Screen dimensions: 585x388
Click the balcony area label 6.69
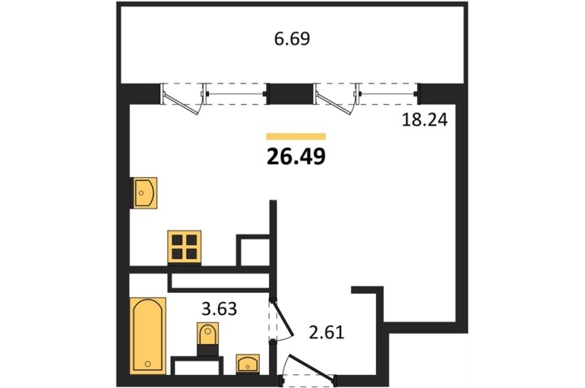292,39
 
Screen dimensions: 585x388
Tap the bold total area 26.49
296,157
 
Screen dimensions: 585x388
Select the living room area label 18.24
424,120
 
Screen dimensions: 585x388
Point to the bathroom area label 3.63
219,309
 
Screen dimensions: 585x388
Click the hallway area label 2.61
327,332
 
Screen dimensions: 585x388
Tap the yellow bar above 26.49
296,136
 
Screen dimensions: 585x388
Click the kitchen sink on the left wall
144,192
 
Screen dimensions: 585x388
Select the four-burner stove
185,246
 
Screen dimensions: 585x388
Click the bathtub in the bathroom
147,336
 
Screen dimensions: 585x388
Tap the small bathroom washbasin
248,364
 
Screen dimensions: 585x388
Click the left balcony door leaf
183,102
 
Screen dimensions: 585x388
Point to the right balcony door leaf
337,102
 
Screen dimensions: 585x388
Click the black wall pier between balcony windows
290,94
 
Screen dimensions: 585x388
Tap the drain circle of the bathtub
148,364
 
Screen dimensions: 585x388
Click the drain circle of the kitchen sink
141,192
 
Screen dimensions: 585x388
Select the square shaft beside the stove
254,250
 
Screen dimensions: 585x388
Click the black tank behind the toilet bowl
208,350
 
